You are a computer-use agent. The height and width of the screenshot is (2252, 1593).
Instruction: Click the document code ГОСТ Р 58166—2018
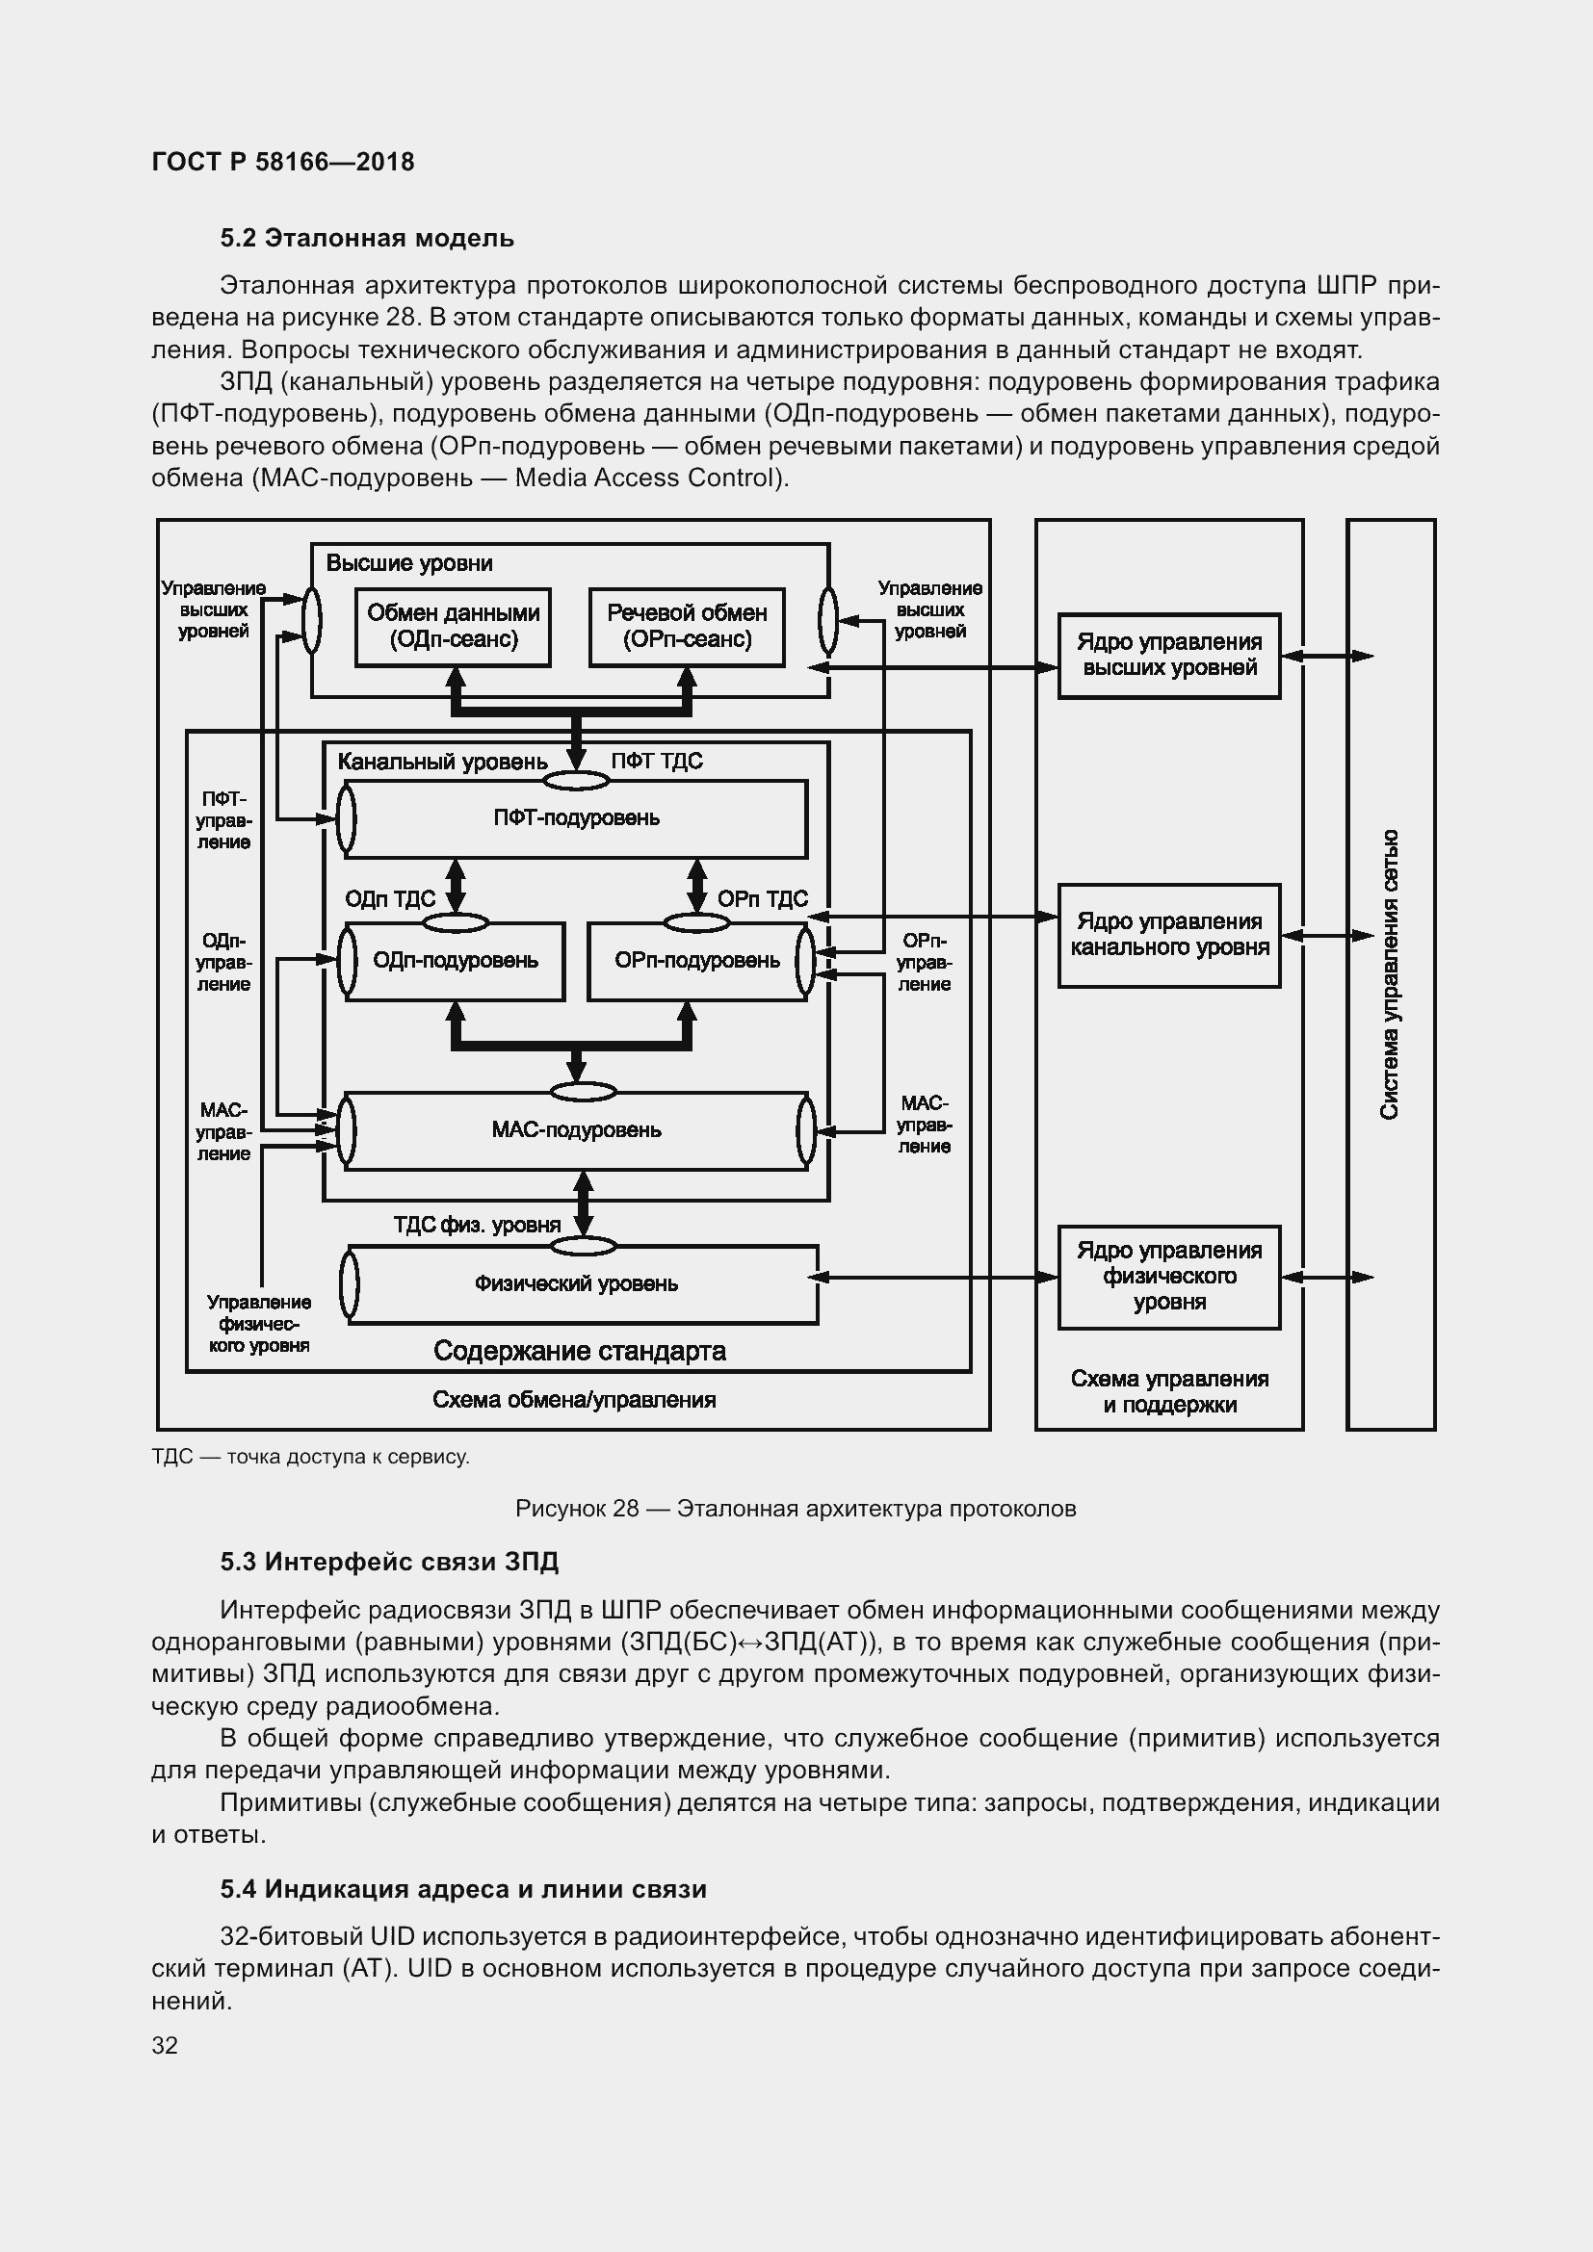[x=282, y=162]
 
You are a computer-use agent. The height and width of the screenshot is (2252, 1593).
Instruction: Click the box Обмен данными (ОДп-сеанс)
[x=454, y=627]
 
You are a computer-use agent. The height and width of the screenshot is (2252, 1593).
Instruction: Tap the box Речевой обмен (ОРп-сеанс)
[x=687, y=627]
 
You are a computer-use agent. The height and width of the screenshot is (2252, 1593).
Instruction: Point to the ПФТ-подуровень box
[x=576, y=818]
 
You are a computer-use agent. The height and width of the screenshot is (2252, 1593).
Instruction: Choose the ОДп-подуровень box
[x=456, y=960]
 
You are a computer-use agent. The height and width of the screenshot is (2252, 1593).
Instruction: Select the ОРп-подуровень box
[x=696, y=960]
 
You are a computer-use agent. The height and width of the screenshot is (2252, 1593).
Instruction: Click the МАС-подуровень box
[x=576, y=1130]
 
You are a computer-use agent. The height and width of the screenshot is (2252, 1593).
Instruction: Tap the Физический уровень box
[x=576, y=1284]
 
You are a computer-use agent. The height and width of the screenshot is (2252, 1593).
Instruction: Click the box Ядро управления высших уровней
[x=1169, y=656]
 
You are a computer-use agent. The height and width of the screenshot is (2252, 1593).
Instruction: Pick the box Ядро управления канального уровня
[x=1169, y=935]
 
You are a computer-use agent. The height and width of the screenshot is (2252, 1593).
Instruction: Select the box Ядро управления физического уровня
[x=1169, y=1276]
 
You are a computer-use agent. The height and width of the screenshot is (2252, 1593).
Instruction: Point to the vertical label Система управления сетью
[x=1390, y=975]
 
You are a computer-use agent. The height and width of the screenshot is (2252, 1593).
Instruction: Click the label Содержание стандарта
[x=579, y=1352]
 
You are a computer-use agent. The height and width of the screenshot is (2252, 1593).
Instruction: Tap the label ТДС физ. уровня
[x=477, y=1225]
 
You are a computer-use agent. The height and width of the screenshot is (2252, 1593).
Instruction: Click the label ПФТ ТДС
[x=656, y=762]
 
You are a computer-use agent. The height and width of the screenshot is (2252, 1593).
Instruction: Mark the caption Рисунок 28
[x=796, y=1509]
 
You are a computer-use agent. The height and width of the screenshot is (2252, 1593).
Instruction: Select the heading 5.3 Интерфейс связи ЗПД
[x=388, y=1562]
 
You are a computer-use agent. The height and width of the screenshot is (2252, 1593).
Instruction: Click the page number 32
[x=165, y=2045]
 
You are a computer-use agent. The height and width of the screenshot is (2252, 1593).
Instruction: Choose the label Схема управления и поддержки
[x=1169, y=1392]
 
